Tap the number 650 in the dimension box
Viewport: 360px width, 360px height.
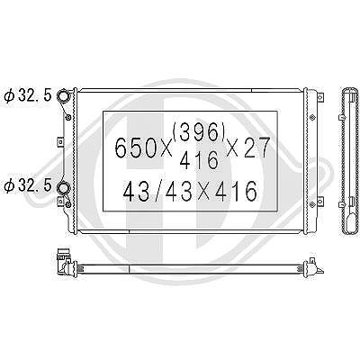139,148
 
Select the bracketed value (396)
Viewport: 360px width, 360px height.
199,132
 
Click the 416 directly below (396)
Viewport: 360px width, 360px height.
199,160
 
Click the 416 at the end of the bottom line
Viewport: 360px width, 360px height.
237,192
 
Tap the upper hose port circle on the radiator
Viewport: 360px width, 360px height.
63,96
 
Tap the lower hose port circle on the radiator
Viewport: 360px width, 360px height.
63,188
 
